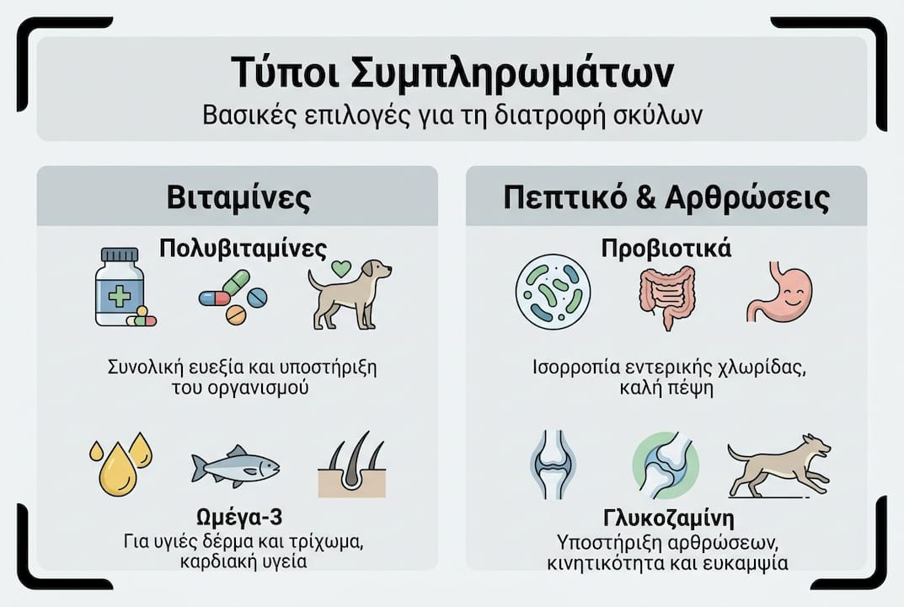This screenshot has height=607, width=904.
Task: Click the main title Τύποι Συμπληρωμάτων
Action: (452, 73)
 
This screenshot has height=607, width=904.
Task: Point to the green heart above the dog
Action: (340, 268)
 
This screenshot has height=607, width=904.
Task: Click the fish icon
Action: (235, 465)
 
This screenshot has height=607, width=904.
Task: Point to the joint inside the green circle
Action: (666, 465)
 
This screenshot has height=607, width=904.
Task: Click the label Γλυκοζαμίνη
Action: (666, 516)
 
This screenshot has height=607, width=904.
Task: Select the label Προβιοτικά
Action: (666, 250)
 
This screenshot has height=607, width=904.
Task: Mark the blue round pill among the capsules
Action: (257, 297)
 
